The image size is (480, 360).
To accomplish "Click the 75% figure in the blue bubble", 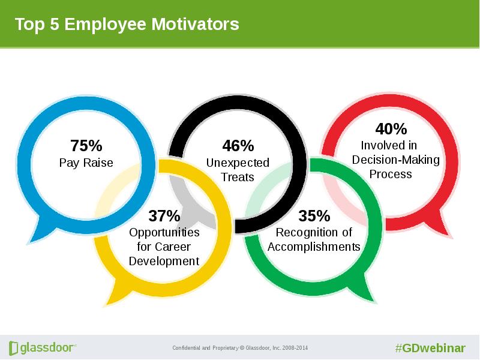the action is click(x=86, y=146).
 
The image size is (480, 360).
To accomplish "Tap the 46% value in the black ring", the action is click(x=238, y=146).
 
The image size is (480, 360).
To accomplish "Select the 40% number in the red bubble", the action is click(x=391, y=129).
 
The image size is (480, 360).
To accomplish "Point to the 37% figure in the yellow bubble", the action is click(x=164, y=216).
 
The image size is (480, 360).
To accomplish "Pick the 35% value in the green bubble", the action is click(x=314, y=216).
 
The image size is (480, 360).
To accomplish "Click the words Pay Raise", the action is click(x=86, y=163).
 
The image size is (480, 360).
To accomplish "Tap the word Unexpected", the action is click(x=238, y=163).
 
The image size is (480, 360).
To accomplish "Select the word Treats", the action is click(x=238, y=177).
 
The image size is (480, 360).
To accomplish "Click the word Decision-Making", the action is click(x=396, y=160).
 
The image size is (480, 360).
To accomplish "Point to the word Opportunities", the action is click(x=164, y=233).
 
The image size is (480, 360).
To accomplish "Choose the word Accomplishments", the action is click(x=314, y=247).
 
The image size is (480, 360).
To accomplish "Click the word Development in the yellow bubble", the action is click(x=164, y=262).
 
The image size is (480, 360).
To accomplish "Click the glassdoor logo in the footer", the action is click(x=43, y=348).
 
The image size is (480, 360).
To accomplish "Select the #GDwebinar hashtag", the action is click(x=430, y=349).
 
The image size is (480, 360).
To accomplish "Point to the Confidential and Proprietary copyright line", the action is click(x=240, y=348).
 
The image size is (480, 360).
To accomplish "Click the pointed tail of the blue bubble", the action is click(x=29, y=243).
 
